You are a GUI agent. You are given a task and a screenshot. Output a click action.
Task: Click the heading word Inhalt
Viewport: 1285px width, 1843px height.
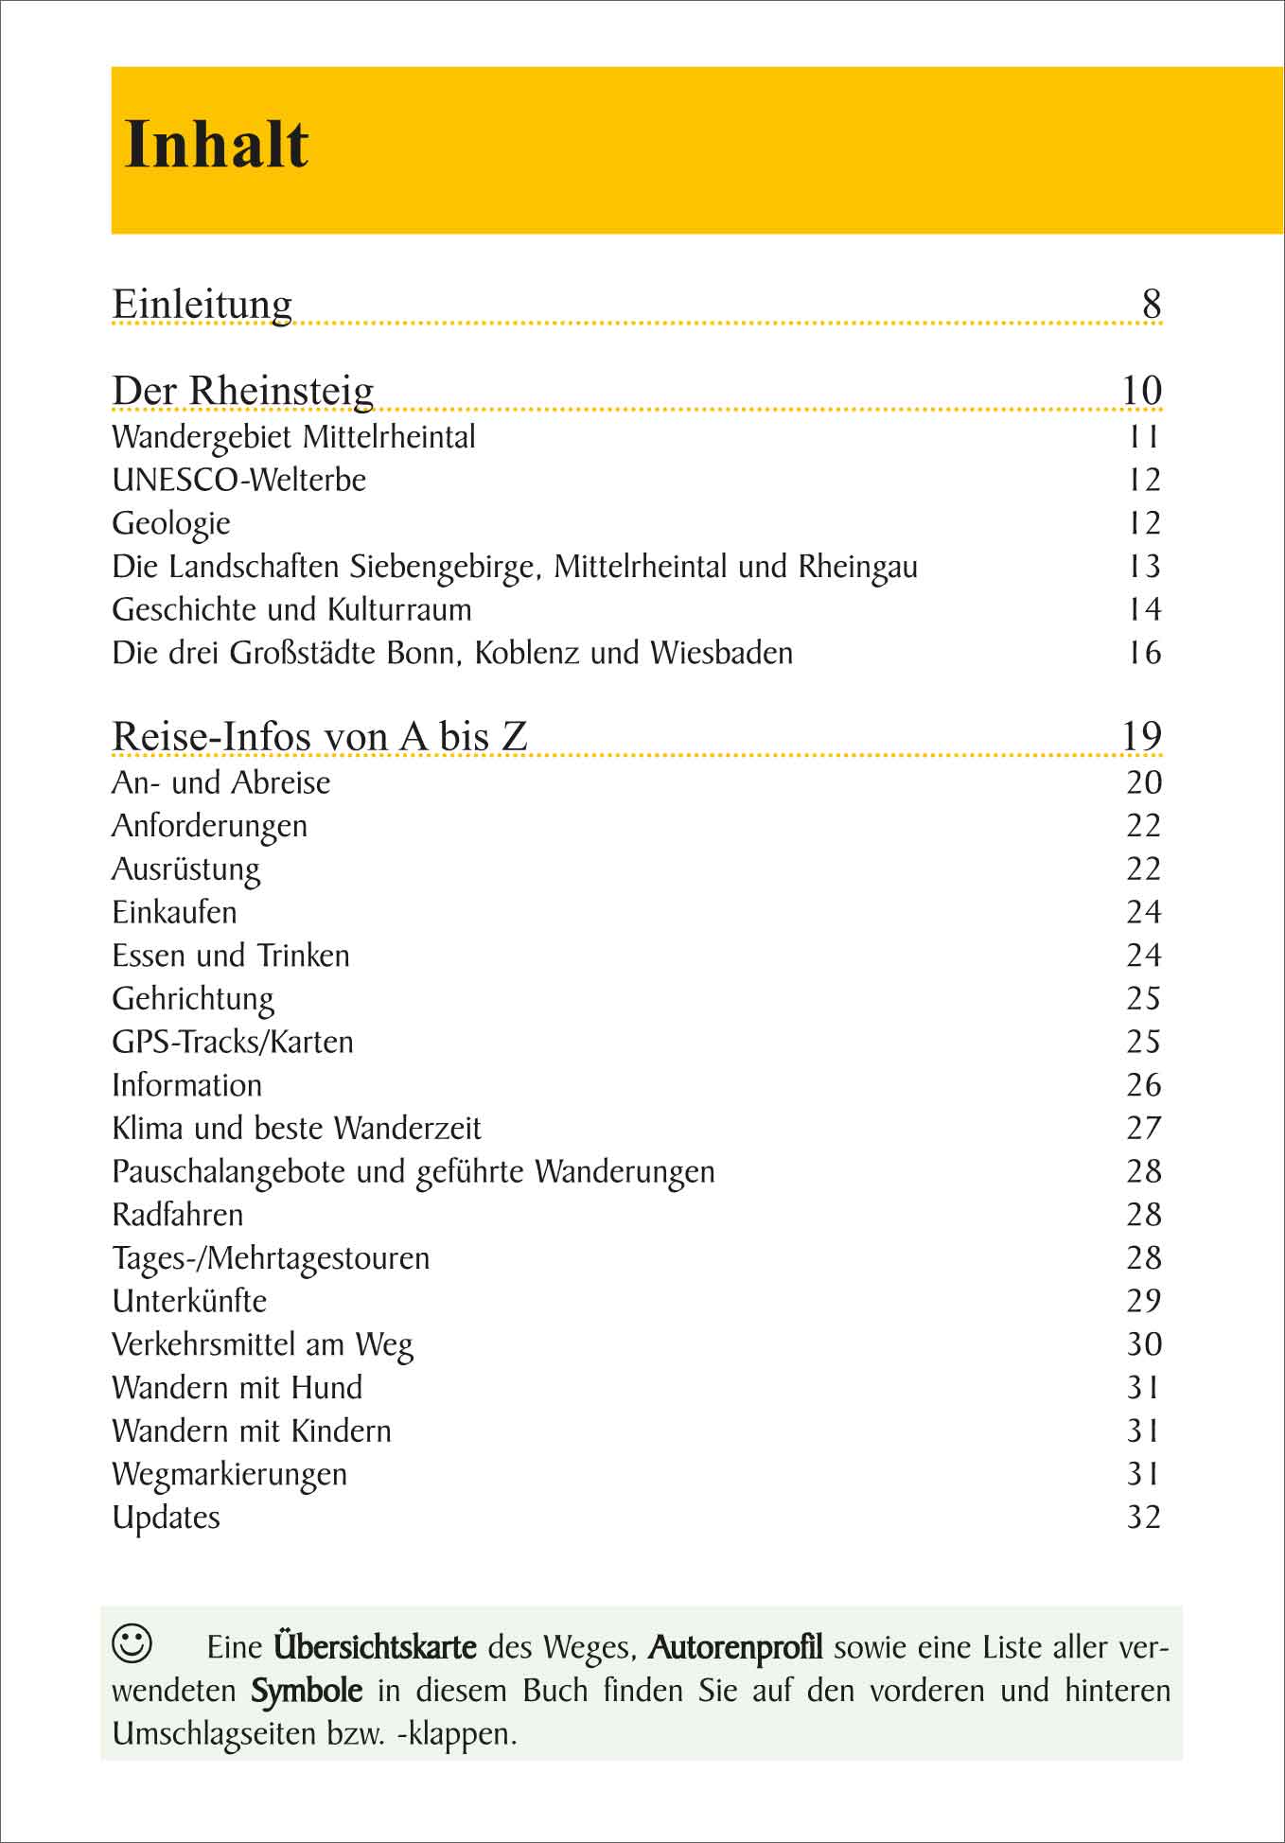(217, 146)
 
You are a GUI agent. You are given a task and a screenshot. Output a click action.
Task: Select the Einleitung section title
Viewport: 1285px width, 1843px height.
(202, 304)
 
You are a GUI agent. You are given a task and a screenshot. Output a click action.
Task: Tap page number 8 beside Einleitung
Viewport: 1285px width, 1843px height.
(1151, 304)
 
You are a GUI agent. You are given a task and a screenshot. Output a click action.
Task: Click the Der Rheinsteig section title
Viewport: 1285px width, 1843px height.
(243, 391)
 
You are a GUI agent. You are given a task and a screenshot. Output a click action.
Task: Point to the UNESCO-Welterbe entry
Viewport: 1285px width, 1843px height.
(238, 481)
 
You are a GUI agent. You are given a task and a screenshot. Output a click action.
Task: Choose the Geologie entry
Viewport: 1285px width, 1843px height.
(171, 523)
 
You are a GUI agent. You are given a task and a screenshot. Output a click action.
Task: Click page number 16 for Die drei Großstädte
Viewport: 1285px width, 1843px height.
(1144, 653)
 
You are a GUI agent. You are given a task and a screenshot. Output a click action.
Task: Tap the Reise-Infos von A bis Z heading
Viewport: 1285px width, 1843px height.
(319, 736)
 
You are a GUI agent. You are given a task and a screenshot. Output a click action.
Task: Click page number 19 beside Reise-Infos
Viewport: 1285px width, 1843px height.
(1141, 736)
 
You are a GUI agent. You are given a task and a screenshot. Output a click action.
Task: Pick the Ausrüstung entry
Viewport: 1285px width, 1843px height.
(185, 869)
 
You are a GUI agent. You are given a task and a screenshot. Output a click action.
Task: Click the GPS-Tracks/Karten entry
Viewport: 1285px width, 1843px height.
(233, 1042)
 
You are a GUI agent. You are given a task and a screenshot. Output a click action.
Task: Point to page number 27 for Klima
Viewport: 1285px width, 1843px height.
(1143, 1129)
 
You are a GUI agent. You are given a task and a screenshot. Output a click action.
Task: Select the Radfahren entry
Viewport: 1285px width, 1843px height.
(178, 1215)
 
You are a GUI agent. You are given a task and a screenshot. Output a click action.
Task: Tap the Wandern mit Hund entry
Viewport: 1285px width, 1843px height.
(237, 1388)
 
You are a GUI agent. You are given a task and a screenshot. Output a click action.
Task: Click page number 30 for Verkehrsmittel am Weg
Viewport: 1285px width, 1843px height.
(1143, 1344)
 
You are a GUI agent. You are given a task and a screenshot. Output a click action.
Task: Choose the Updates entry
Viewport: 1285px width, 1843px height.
(166, 1518)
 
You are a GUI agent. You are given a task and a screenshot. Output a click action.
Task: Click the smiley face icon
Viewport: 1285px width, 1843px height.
(132, 1643)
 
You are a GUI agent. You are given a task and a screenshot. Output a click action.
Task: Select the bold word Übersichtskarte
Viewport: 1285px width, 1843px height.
(375, 1647)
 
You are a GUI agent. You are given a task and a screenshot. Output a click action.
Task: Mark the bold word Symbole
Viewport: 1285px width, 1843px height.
(307, 1691)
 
